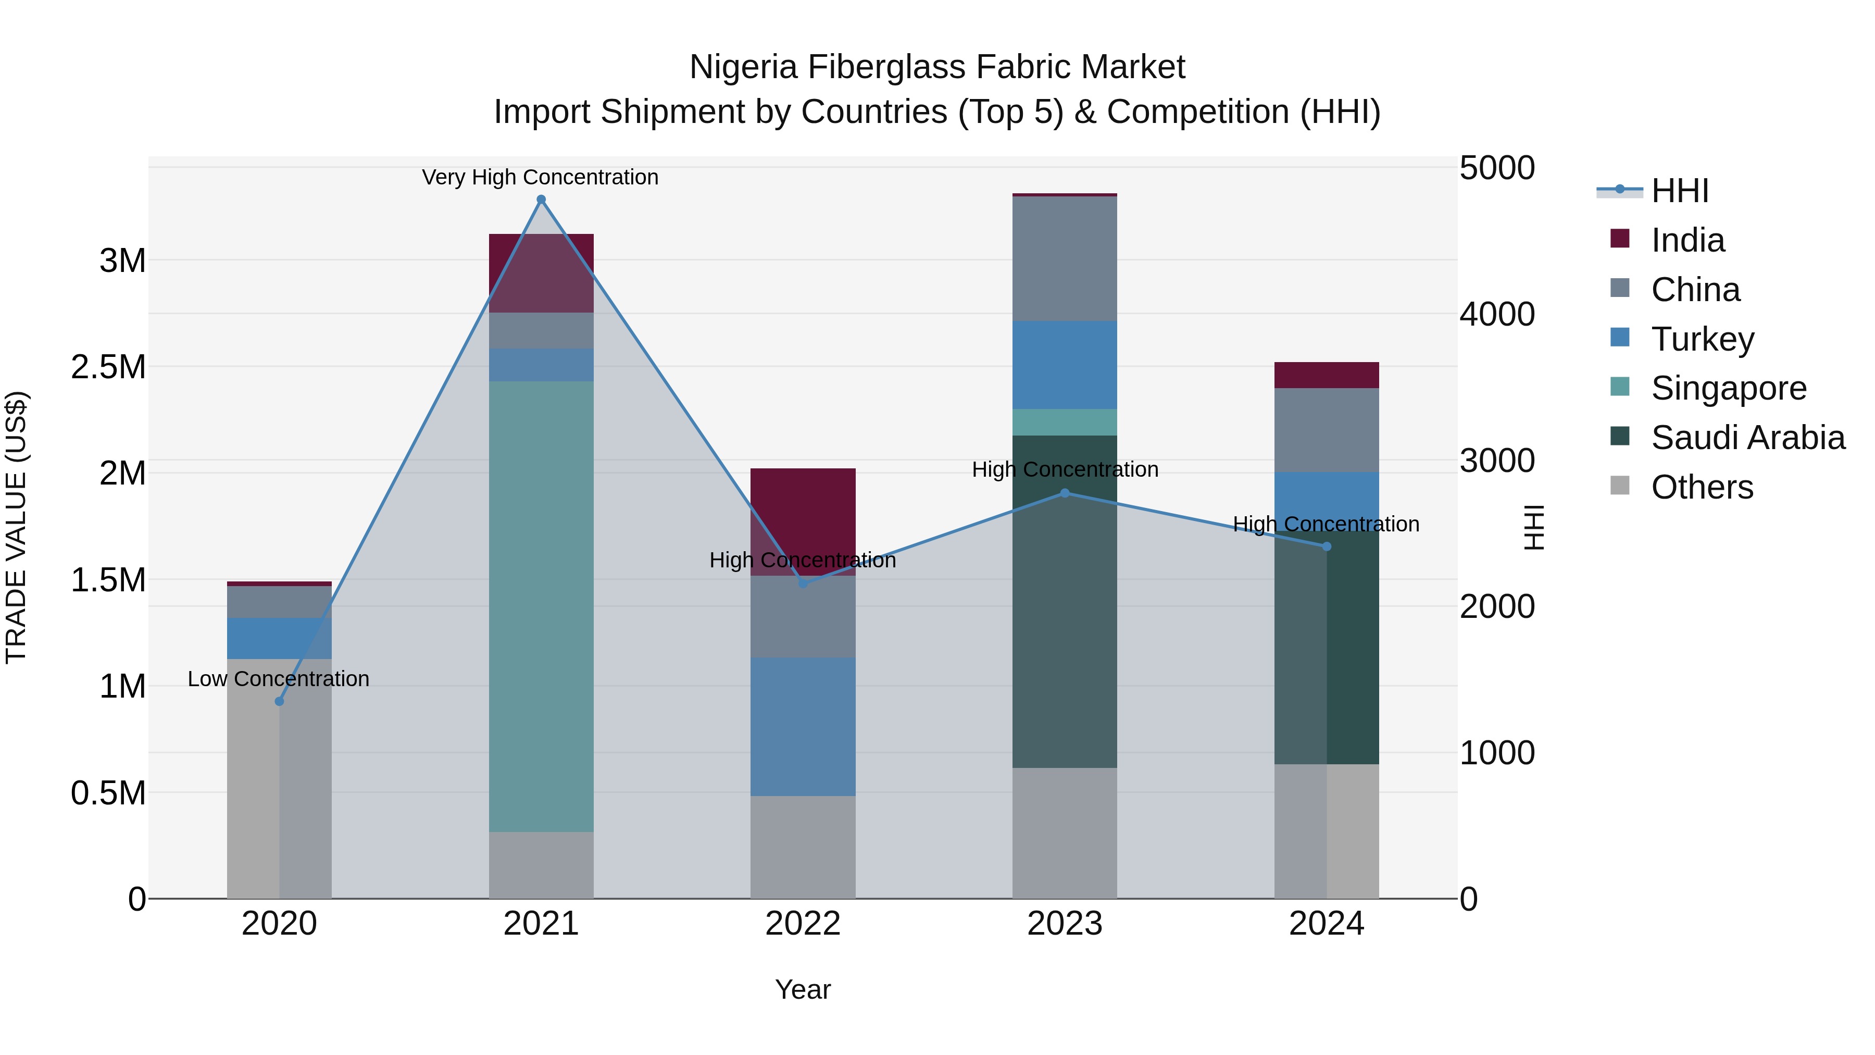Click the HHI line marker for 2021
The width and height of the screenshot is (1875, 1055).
click(541, 200)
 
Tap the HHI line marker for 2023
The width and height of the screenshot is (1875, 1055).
click(1065, 493)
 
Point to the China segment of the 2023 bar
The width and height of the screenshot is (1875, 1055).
click(1065, 258)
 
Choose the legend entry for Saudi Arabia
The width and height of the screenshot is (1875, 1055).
click(1747, 438)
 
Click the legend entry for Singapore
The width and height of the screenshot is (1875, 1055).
click(1728, 388)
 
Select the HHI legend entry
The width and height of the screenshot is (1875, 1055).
click(1679, 191)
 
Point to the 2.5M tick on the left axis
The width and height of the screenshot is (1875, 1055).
click(108, 367)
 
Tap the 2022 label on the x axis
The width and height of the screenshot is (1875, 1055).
click(803, 924)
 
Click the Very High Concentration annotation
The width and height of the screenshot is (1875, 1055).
click(540, 177)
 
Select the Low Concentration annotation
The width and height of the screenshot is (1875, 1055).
click(279, 678)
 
